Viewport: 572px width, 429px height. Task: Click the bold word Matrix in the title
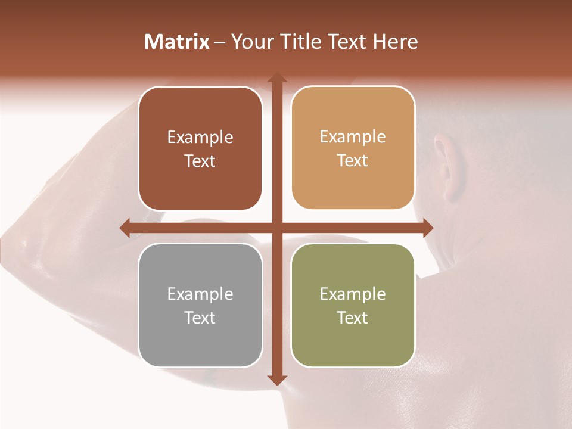(x=177, y=42)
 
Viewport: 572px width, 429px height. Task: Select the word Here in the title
(x=396, y=42)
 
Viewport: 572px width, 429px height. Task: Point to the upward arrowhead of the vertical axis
(x=276, y=78)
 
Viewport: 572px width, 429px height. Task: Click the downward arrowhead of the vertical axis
(x=276, y=380)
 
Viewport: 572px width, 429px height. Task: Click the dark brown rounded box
(x=200, y=149)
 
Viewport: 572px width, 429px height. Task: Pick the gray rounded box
(x=200, y=305)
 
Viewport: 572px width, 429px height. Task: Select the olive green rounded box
(x=353, y=305)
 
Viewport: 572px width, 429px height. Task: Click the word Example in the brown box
(x=200, y=138)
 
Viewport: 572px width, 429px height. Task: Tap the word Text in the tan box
(x=353, y=161)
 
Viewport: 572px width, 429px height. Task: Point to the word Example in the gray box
(x=200, y=294)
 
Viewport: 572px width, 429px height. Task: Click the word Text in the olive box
(x=353, y=318)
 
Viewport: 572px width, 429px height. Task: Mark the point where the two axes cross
(x=276, y=228)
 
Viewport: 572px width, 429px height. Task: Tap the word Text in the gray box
(x=200, y=318)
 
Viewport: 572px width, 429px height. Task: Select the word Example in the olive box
(x=353, y=294)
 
